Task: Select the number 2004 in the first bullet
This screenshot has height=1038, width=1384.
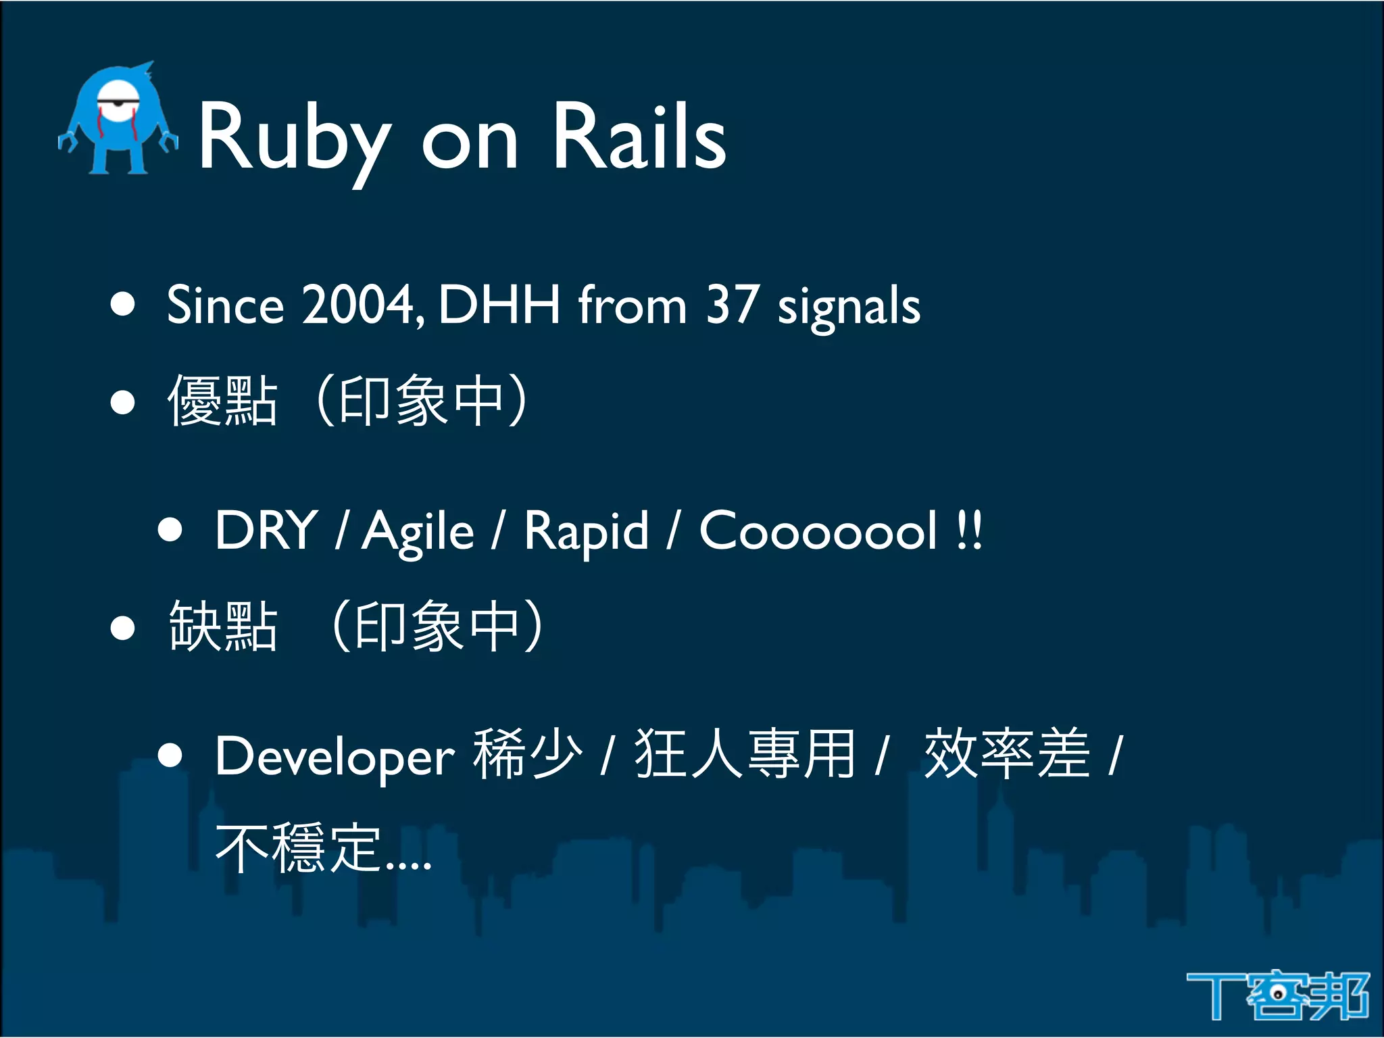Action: click(358, 305)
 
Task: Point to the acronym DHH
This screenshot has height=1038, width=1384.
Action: click(499, 305)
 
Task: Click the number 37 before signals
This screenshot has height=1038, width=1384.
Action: click(732, 305)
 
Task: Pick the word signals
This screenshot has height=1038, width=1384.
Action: click(849, 307)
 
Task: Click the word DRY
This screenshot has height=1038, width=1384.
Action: click(266, 530)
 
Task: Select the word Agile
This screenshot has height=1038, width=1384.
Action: click(418, 533)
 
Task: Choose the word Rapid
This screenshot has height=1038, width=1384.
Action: click(587, 533)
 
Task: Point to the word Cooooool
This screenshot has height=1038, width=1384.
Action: click(818, 530)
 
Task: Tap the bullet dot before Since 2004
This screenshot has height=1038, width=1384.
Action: click(123, 305)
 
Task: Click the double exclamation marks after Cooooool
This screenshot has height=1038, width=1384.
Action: click(970, 530)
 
